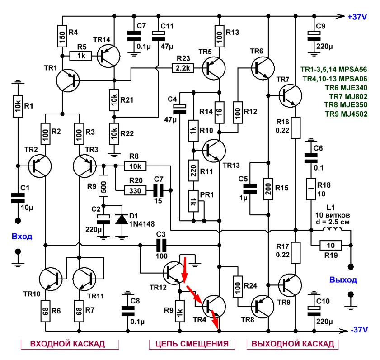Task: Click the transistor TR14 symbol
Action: pyautogui.click(x=108, y=56)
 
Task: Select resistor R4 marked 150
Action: pyautogui.click(x=62, y=36)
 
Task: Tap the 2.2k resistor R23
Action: pyautogui.click(x=183, y=68)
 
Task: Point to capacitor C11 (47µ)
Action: pyautogui.click(x=158, y=36)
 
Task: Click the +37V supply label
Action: pyautogui.click(x=357, y=17)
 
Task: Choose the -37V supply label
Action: pyautogui.click(x=359, y=330)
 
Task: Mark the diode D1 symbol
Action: pyautogui.click(x=122, y=219)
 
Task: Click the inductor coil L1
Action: pyautogui.click(x=332, y=229)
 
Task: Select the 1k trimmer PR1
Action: pyautogui.click(x=193, y=201)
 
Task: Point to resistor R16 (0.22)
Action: pyautogui.click(x=296, y=128)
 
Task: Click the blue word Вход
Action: pyautogui.click(x=22, y=236)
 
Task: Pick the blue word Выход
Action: pyautogui.click(x=343, y=280)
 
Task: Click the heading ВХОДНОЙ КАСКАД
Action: pyautogui.click(x=67, y=344)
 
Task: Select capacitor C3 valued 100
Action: pyautogui.click(x=161, y=245)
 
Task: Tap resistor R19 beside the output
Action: pyautogui.click(x=331, y=246)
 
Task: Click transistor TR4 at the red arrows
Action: pyautogui.click(x=214, y=306)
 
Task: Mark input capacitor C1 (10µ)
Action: pyautogui.click(x=18, y=198)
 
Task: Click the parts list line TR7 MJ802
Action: pyautogui.click(x=348, y=96)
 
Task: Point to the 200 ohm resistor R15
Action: pyautogui.click(x=268, y=189)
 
